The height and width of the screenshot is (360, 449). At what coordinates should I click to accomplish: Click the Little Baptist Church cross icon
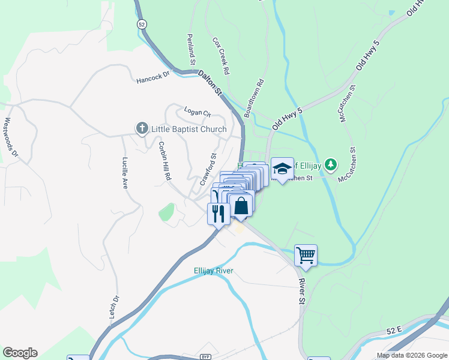point(142,128)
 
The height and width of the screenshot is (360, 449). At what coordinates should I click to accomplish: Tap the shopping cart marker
point(306,256)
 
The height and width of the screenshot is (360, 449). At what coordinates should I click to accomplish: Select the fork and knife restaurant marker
point(218,213)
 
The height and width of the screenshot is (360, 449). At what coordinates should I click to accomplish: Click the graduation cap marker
point(282,168)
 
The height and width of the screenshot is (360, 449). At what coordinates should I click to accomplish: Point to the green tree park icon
point(330,164)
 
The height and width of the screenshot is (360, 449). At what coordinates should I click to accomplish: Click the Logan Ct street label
point(197,112)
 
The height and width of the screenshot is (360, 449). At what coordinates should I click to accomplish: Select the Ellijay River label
point(213,271)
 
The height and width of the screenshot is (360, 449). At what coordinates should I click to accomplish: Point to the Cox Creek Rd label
point(221,56)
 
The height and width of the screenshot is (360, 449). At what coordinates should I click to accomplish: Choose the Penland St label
point(190,49)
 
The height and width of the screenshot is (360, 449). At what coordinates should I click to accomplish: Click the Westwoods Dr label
point(10,137)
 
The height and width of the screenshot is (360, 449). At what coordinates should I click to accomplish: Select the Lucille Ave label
point(125,173)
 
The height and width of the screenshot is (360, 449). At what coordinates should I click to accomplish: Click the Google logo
point(20,353)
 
